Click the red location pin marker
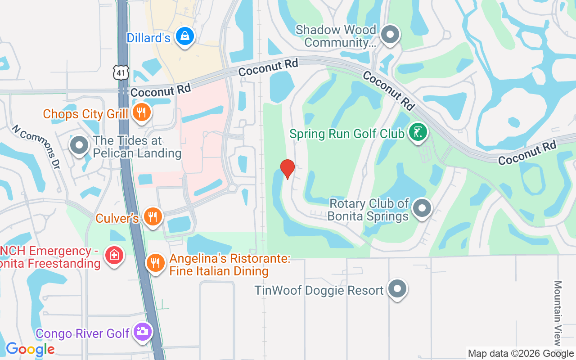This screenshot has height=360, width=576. click(288, 169)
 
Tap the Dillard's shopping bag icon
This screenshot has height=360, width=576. click(184, 36)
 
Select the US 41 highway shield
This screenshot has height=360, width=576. click(121, 72)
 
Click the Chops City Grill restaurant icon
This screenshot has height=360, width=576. click(142, 113)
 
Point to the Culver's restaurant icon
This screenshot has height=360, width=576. click(153, 217)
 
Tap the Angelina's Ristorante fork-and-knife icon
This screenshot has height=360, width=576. click(155, 262)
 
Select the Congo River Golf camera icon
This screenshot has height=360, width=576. click(143, 332)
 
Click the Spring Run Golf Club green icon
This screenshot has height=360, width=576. click(418, 132)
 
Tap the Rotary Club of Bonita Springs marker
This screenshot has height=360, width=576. click(422, 208)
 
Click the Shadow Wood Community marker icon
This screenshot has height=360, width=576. click(390, 35)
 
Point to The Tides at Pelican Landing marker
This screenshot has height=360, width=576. click(79, 145)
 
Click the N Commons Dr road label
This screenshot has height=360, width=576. click(36, 144)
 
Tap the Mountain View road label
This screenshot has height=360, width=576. click(558, 313)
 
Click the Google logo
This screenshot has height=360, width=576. click(30, 349)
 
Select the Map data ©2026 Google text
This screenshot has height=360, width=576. click(521, 354)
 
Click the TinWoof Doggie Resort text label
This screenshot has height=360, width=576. click(319, 291)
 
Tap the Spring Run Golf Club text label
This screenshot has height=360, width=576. click(346, 134)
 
